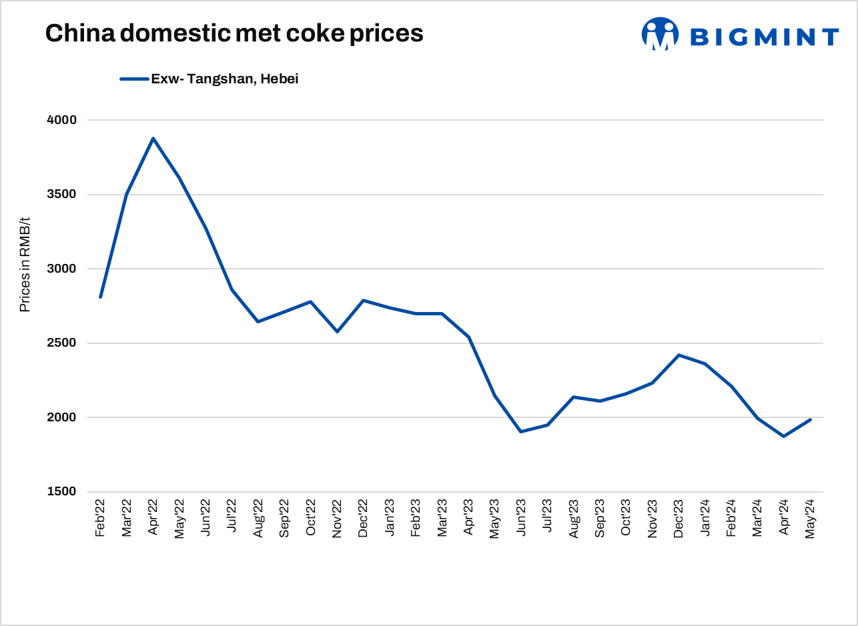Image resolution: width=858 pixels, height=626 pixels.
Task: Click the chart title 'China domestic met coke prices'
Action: coord(234,33)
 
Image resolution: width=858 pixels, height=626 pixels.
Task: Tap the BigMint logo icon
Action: coord(660,34)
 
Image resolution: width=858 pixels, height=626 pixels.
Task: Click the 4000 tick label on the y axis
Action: coord(62,120)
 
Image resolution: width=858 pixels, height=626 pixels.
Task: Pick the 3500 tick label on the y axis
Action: coord(62,195)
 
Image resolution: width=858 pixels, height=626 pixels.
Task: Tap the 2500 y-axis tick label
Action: coord(62,343)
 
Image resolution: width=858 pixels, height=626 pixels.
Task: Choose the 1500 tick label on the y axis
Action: coord(62,492)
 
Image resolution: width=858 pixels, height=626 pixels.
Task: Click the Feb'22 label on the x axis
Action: coord(101,519)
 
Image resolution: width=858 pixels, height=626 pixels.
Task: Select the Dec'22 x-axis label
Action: coord(363,519)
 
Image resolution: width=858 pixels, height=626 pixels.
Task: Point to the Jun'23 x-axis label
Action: coord(520,519)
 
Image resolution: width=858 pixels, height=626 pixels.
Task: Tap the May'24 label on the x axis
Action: coord(810,519)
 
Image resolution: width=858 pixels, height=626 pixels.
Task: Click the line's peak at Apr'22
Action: coord(153,138)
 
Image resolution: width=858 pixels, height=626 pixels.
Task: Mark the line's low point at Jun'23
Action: coord(520,431)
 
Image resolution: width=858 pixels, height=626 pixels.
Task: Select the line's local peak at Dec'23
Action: coord(679,355)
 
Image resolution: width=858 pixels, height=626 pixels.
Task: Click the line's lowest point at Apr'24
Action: coord(783,436)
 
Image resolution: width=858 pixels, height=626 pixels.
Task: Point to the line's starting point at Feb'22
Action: coord(101,297)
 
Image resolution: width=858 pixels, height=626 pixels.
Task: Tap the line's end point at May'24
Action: coord(810,419)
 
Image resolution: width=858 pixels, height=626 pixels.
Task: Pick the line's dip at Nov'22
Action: coord(337,331)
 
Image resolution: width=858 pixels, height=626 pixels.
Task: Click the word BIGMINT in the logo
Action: coord(764,37)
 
